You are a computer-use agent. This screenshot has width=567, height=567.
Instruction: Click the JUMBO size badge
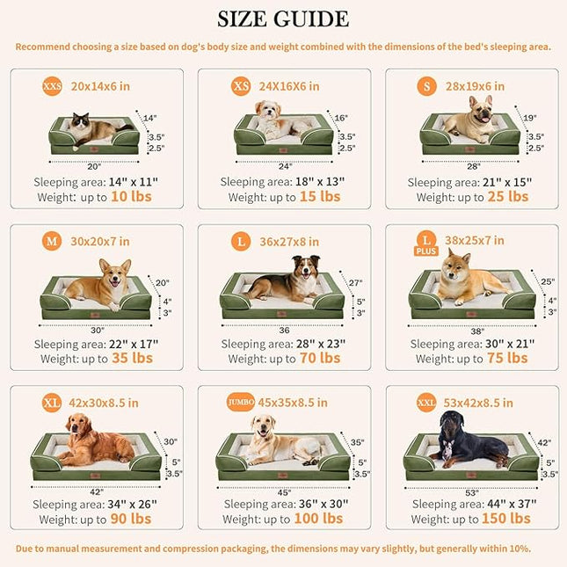(241, 402)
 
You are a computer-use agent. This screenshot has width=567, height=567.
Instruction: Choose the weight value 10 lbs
(131, 197)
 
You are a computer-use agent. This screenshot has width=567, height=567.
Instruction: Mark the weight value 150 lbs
(507, 519)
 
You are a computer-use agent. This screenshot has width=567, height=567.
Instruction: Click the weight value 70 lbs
(318, 358)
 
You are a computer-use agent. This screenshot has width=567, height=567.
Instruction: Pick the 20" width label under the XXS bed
(93, 164)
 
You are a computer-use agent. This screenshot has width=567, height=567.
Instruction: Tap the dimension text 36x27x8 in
(289, 242)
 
